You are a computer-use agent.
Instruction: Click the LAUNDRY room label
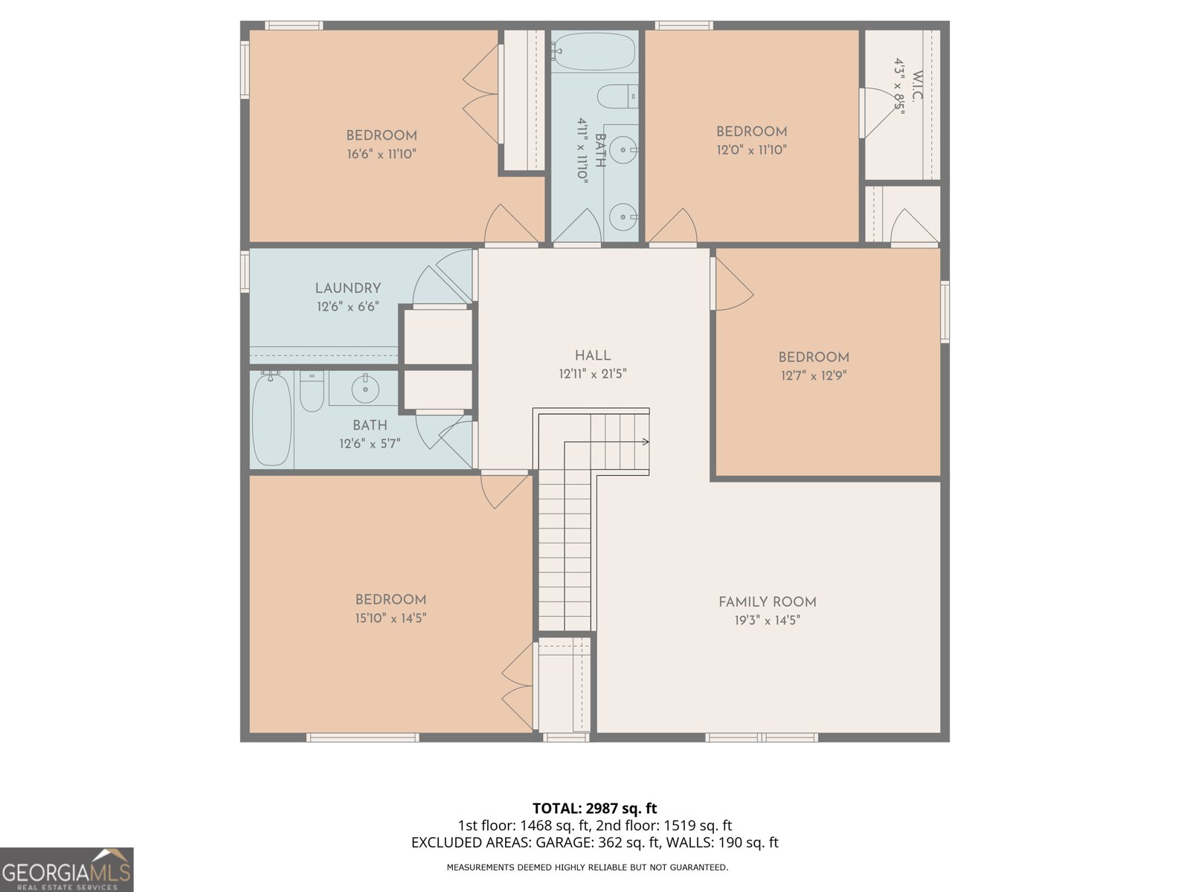point(348,288)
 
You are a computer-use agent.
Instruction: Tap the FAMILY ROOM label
point(767,602)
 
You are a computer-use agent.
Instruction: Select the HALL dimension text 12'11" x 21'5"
point(593,374)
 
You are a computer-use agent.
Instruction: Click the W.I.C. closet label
point(916,87)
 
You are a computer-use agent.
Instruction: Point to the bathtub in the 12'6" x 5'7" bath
point(271,421)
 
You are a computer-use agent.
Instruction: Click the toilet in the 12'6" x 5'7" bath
point(312,392)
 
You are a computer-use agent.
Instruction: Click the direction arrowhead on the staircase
point(646,442)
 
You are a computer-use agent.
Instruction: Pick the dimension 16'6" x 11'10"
point(382,155)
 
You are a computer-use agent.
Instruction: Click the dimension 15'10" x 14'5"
point(390,618)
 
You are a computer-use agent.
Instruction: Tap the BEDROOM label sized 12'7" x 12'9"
point(814,357)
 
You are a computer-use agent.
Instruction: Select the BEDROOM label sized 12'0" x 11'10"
point(751,132)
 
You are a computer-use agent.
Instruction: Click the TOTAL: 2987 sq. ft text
point(594,808)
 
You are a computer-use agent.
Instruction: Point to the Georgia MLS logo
point(66,870)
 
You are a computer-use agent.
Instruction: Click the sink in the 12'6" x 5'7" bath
point(364,389)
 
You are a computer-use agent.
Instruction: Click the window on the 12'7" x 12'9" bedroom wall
point(945,311)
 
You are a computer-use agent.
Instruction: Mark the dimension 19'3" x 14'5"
point(767,621)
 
